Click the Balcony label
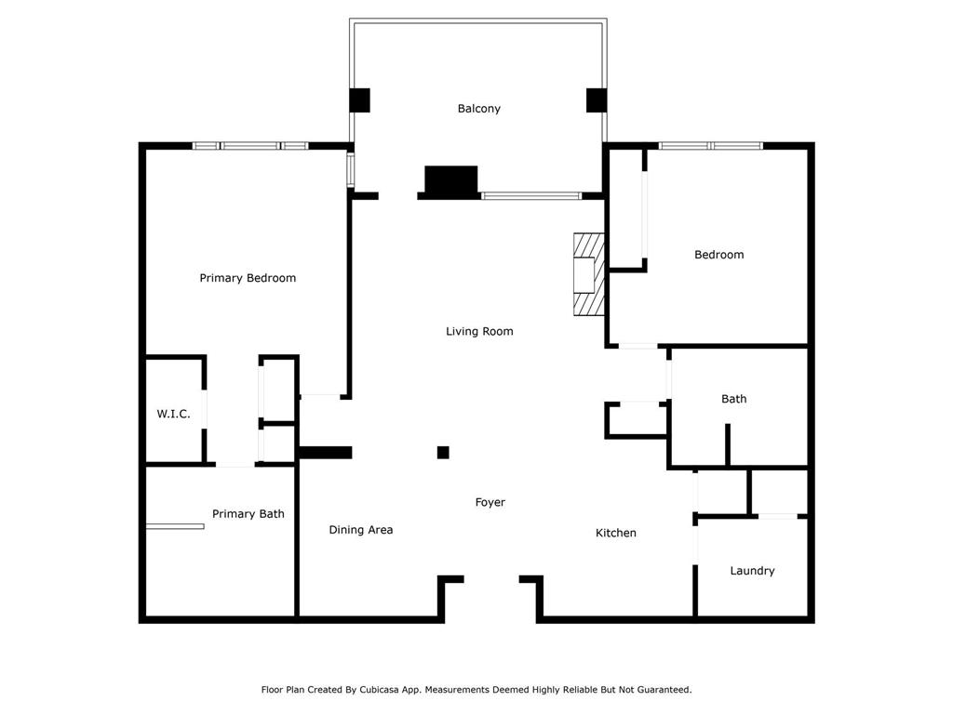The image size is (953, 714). pos(479,109)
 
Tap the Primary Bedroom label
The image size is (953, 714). pos(248,278)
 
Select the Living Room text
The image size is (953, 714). pos(479,332)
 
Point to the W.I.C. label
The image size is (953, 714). pos(173,414)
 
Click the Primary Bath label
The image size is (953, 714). pos(248,514)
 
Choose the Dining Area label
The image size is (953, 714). pos(360,530)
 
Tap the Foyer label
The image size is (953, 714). pos(490,503)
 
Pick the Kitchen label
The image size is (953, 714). pos(616,533)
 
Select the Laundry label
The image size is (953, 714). pos(752,571)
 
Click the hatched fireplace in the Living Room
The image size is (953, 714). pos(589,274)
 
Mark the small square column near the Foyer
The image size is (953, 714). pos(443,453)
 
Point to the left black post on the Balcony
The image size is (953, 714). pos(360,100)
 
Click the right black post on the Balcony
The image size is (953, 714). pos(597,100)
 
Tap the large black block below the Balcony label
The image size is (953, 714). pos(451,181)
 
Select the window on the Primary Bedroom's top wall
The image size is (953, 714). pos(250,146)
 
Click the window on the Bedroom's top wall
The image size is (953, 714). pos(710,146)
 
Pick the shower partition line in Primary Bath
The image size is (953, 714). pos(175,526)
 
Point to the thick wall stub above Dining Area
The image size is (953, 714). pos(326,453)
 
